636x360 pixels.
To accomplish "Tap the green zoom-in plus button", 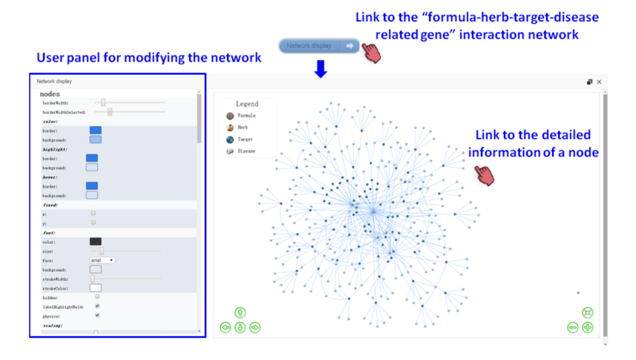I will (x=587, y=327).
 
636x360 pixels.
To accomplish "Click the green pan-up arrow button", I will (x=240, y=313).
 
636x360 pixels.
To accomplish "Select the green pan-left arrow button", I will (x=226, y=328).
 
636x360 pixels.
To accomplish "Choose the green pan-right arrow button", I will (x=255, y=328).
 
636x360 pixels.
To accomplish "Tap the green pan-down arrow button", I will (x=240, y=328).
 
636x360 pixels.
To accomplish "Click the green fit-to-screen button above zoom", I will (x=587, y=313).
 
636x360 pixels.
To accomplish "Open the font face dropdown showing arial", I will (x=102, y=260).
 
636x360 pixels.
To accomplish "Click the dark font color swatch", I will (x=95, y=242).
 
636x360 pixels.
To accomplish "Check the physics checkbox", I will (x=97, y=315).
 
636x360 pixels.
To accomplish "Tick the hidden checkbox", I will (x=97, y=297).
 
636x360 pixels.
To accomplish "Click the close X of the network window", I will (x=599, y=82).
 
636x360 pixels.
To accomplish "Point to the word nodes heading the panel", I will (x=49, y=94).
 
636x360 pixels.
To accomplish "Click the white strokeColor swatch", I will (x=95, y=288).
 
